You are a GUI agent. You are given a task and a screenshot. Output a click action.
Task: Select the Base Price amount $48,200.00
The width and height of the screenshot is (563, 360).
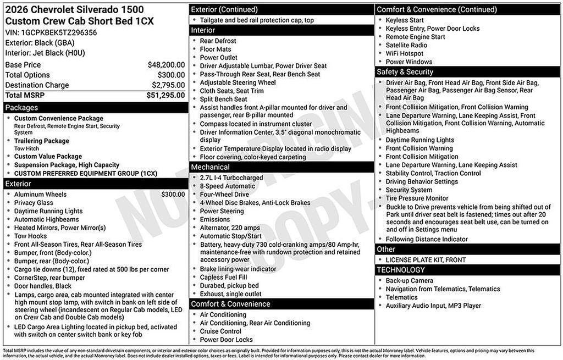click(x=166, y=65)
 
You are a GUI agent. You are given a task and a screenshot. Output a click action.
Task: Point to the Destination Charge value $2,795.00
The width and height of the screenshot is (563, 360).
click(x=168, y=85)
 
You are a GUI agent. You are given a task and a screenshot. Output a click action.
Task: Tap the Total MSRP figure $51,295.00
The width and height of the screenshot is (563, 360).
click(x=165, y=95)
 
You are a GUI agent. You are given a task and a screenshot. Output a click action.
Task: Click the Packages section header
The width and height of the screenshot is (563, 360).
click(x=22, y=108)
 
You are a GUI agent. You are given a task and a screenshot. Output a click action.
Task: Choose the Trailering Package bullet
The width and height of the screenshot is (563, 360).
click(x=42, y=141)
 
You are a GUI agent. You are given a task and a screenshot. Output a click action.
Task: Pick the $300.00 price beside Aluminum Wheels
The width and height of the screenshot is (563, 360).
click(x=173, y=194)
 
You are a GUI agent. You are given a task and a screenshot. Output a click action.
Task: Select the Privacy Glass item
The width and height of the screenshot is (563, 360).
click(x=34, y=203)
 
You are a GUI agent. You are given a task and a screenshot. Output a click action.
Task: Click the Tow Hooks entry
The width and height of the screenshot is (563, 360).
click(x=31, y=236)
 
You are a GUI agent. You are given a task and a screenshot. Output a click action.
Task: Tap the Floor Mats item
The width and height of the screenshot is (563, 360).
click(x=216, y=49)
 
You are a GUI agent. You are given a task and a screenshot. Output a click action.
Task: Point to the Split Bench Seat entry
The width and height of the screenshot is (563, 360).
click(x=224, y=99)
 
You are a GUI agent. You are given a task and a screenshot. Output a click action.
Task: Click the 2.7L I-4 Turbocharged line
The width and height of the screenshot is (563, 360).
click(x=231, y=178)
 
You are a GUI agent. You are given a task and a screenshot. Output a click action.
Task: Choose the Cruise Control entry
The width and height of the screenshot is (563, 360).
click(x=220, y=331)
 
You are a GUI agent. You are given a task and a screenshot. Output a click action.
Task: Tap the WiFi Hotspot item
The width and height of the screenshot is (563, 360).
click(x=405, y=53)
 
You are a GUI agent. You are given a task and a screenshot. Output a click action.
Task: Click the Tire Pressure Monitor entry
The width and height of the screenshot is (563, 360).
click(x=417, y=198)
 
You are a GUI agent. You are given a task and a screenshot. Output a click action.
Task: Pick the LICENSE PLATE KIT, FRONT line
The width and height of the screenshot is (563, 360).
click(x=426, y=260)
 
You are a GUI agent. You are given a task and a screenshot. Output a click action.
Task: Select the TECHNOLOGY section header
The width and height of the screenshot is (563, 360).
click(x=401, y=270)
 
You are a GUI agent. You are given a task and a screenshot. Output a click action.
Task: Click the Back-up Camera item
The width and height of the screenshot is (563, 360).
click(x=410, y=281)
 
